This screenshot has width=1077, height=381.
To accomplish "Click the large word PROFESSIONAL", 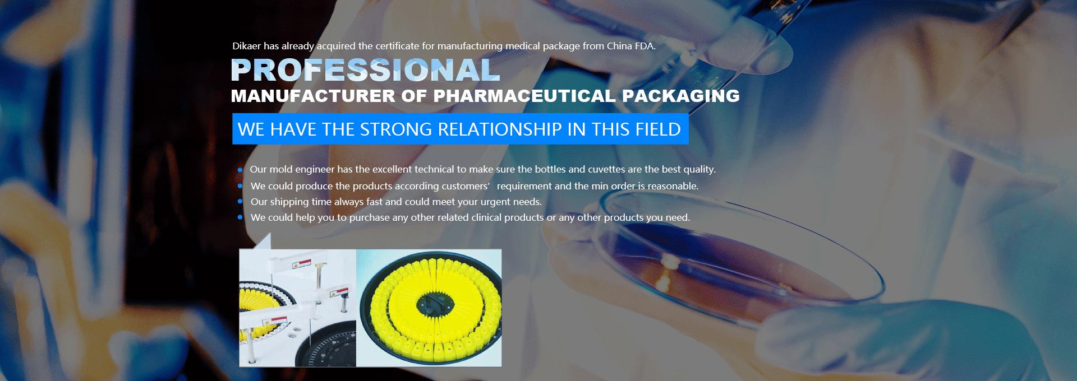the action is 365,70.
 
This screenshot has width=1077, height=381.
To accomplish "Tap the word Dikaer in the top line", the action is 247,46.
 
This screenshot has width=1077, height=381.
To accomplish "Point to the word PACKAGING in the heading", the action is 681,96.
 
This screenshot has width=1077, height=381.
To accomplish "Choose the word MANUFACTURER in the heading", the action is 313,96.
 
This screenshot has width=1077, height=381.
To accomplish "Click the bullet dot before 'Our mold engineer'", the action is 240,170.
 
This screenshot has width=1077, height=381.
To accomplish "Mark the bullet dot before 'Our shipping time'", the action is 240,201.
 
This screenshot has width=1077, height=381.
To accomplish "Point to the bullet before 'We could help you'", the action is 240,217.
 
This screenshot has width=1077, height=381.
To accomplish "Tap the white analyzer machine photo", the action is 298,308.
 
